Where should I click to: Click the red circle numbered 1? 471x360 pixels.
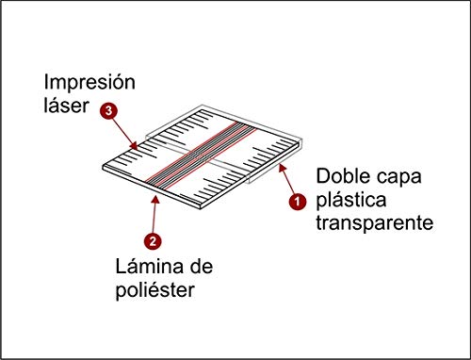pos(297,201)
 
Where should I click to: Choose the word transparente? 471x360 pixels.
pos(374,223)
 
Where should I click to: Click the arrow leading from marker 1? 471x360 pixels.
pos(284,182)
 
